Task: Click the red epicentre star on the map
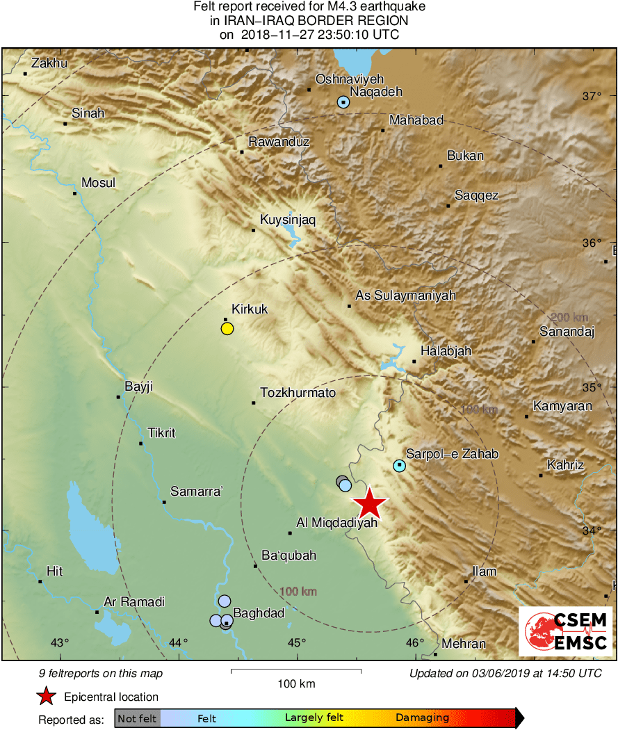click(370, 503)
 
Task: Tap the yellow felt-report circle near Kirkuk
click(227, 329)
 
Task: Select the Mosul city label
click(99, 183)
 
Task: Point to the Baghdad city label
click(259, 613)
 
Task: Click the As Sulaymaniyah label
click(405, 295)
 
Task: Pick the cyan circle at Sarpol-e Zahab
click(399, 465)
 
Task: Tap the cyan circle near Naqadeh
click(343, 102)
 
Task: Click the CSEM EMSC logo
click(566, 631)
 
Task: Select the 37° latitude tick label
click(592, 96)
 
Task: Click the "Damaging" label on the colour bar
click(422, 717)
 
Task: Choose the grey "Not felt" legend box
click(137, 717)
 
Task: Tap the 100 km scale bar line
click(296, 670)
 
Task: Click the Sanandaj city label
click(567, 332)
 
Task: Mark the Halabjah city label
click(446, 351)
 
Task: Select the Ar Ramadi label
click(133, 602)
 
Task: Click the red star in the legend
click(46, 697)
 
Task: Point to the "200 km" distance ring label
click(568, 317)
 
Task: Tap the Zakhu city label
click(49, 63)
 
